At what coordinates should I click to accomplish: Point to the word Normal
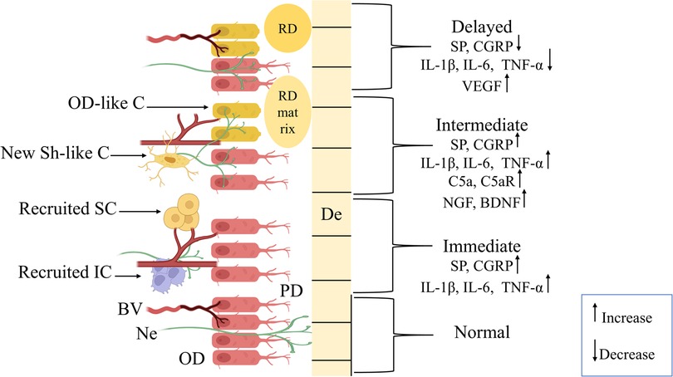481,333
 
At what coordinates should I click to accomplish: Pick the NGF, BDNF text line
486,199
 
